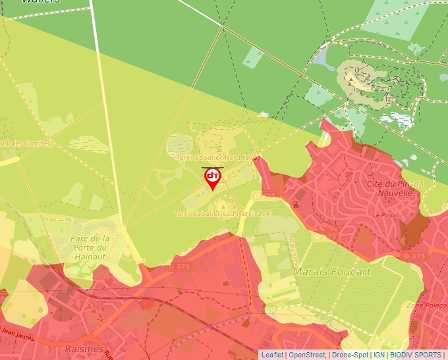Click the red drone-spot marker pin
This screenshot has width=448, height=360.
pyautogui.click(x=213, y=177)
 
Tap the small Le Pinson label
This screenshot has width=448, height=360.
pyautogui.click(x=385, y=215)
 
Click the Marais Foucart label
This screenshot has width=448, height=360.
pyautogui.click(x=333, y=271)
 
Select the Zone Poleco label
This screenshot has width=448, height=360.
pyautogui.click(x=426, y=305)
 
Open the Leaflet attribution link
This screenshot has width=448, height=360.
pyautogui.click(x=272, y=355)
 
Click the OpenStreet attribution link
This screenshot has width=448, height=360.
pyautogui.click(x=306, y=355)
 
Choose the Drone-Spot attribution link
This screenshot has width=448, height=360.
pyautogui.click(x=350, y=355)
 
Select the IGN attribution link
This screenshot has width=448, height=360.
pyautogui.click(x=379, y=355)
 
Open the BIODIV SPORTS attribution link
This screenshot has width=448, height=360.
pyautogui.click(x=415, y=355)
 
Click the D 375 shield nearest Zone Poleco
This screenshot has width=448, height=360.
pyautogui.click(x=414, y=255)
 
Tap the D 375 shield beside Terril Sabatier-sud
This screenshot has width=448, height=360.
pyautogui.click(x=268, y=195)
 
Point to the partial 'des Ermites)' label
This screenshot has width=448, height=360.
pyautogui.click(x=26, y=143)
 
